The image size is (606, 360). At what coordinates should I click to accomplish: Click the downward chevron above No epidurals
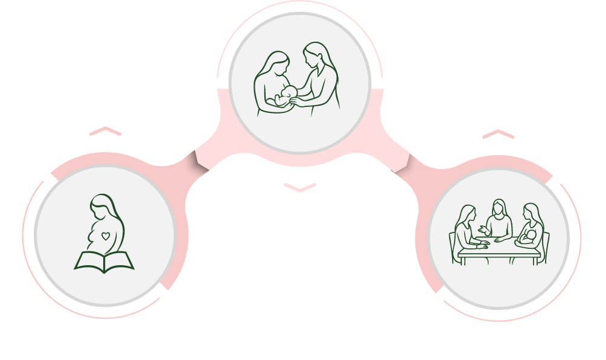[x=300, y=188]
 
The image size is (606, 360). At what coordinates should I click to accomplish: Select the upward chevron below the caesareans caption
[x=498, y=134]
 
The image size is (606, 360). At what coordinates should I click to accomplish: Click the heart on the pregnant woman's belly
[x=106, y=236]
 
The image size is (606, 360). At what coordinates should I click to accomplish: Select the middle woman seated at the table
[x=499, y=222]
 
